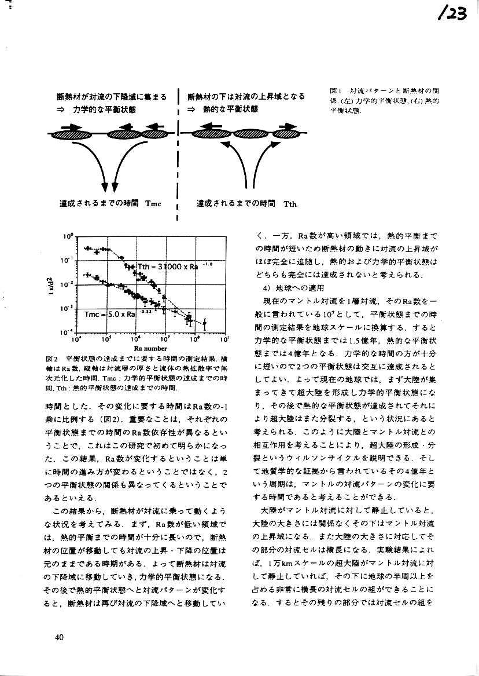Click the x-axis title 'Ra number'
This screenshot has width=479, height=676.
(x=150, y=349)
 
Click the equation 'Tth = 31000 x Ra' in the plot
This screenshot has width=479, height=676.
(x=168, y=266)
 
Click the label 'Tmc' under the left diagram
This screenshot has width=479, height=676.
(x=153, y=203)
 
